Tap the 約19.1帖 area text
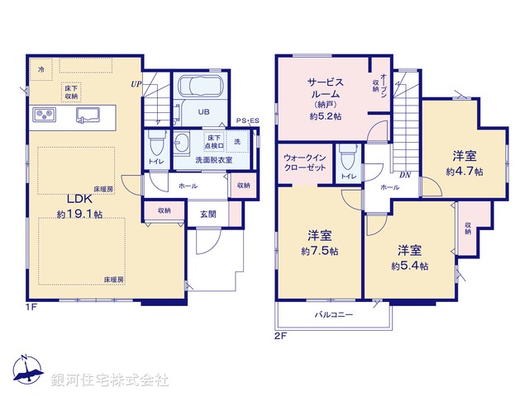click(x=79, y=214)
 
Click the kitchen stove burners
click(x=43, y=114)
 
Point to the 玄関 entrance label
click(x=207, y=214)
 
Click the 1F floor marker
click(x=31, y=306)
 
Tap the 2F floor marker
click(x=281, y=336)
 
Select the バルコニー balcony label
click(x=334, y=315)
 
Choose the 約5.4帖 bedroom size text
click(x=409, y=265)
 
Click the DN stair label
click(x=405, y=175)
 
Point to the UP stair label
click(x=135, y=83)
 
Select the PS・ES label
click(x=247, y=121)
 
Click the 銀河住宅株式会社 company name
click(x=110, y=380)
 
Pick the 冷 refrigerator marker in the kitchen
click(x=41, y=70)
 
